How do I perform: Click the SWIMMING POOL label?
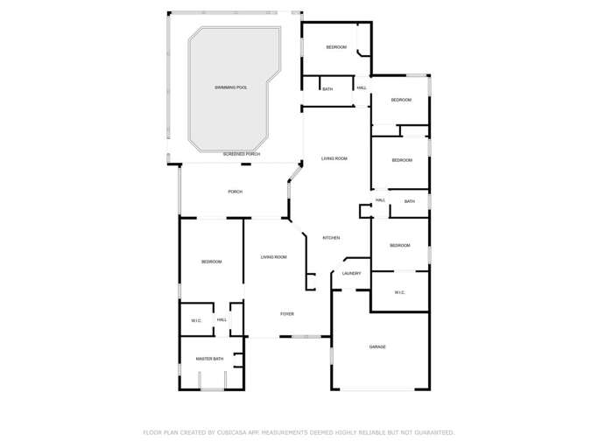pos(231,87)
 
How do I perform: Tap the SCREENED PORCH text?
pos(241,154)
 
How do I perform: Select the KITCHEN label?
pos(331,238)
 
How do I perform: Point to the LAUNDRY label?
pos(352,274)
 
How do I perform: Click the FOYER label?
pos(286,313)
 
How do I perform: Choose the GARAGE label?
pos(377,346)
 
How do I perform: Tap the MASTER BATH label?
pos(210,359)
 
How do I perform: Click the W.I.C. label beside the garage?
pos(399,292)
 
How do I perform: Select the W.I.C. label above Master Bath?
pos(197,320)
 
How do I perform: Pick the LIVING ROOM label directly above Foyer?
pos(274,257)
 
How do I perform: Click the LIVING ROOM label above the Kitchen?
pos(334,158)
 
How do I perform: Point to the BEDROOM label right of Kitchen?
pos(400,245)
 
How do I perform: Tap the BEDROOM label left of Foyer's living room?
pos(211,262)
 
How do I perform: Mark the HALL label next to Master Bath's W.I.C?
pos(222,320)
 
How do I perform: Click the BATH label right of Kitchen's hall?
pos(410,202)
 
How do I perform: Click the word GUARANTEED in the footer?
pos(433,432)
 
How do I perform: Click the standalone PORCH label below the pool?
pos(235,192)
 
